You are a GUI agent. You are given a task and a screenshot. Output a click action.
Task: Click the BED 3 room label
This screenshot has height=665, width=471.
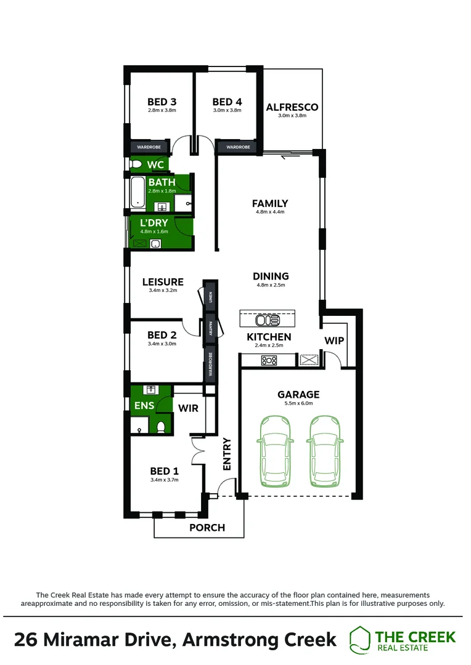(x=162, y=102)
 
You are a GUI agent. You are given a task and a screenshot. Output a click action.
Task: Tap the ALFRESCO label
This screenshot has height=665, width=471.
(x=292, y=107)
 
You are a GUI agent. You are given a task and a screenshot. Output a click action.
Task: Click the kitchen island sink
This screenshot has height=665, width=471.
(x=268, y=320)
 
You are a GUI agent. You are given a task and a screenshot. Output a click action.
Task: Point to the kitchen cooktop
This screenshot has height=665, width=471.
(x=269, y=360)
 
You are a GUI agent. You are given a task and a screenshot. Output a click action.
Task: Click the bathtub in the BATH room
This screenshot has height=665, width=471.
(x=137, y=193)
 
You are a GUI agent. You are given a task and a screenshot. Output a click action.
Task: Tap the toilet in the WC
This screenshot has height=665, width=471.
(x=136, y=164)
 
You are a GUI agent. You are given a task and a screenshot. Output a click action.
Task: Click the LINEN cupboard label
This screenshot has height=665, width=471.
(x=210, y=298)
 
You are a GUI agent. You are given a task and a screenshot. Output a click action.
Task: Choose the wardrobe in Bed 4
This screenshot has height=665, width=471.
(x=237, y=147)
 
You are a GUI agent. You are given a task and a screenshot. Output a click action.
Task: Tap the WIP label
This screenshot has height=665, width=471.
(x=334, y=341)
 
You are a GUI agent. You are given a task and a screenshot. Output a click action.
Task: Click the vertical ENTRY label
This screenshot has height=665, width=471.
(x=226, y=454)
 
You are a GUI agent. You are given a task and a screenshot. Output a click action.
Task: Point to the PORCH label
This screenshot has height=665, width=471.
(x=207, y=527)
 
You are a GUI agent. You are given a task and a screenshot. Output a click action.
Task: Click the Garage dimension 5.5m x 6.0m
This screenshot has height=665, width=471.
(x=298, y=404)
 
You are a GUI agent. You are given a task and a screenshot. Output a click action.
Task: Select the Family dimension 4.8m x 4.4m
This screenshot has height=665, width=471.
(x=270, y=212)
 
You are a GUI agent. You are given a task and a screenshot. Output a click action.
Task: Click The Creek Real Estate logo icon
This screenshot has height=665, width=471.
(x=360, y=639)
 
